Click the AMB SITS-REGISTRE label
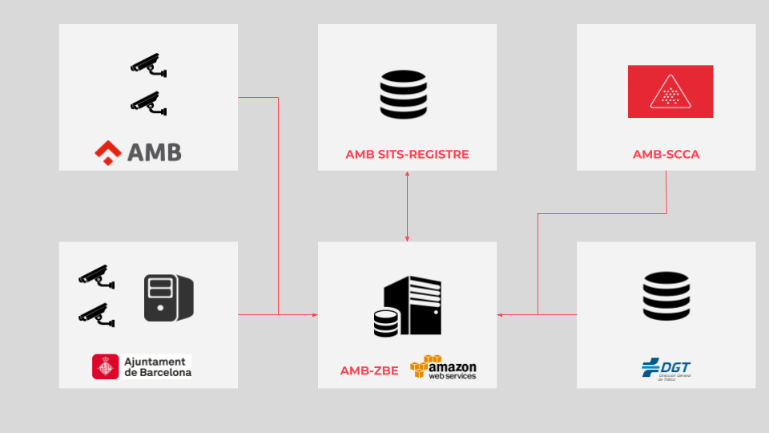pyautogui.click(x=407, y=154)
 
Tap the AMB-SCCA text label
pyautogui.click(x=666, y=154)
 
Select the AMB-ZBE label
pyautogui.click(x=368, y=370)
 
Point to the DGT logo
pyautogui.click(x=666, y=370)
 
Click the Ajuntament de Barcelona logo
pyautogui.click(x=142, y=366)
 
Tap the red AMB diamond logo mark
pyautogui.click(x=107, y=151)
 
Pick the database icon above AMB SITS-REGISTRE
pyautogui.click(x=403, y=95)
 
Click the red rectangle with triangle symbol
pyautogui.click(x=670, y=91)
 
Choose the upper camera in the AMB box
pyautogui.click(x=148, y=66)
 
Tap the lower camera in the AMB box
pyautogui.click(x=148, y=103)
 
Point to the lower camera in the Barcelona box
pyautogui.click(x=96, y=314)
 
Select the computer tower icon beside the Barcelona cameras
pyautogui.click(x=168, y=297)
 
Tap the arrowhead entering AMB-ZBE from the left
pyautogui.click(x=315, y=314)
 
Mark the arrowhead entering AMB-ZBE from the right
pyautogui.click(x=500, y=314)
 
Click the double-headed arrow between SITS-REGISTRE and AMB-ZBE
pyautogui.click(x=407, y=206)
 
